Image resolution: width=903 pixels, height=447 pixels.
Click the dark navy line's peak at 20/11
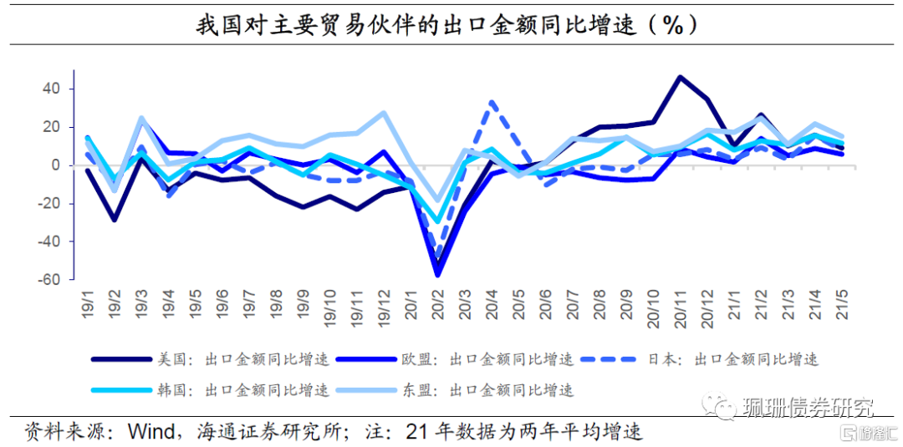(x=680, y=77)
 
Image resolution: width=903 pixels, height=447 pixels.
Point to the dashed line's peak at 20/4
(x=492, y=102)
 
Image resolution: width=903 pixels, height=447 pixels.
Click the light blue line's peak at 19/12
(x=384, y=112)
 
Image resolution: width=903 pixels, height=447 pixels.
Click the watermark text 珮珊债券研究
(x=808, y=408)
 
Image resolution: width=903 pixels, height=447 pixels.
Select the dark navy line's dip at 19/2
(x=115, y=220)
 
